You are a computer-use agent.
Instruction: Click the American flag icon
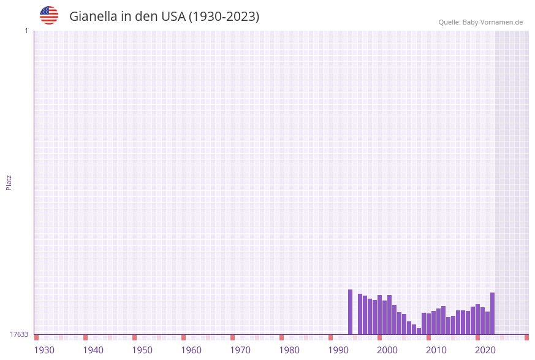(x=49, y=15)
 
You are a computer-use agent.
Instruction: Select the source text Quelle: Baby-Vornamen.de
(x=480, y=22)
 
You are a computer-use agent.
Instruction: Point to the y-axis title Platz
(x=9, y=182)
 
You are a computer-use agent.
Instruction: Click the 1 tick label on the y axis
(x=26, y=31)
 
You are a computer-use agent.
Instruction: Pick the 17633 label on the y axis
(x=19, y=334)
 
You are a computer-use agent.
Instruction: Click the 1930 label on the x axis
(x=44, y=350)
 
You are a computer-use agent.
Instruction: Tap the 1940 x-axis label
(x=93, y=350)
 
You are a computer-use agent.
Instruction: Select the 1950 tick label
(x=142, y=350)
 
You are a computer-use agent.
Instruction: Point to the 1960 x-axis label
(x=191, y=350)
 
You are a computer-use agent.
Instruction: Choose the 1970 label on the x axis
(x=240, y=350)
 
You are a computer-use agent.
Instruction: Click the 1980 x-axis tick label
(x=289, y=350)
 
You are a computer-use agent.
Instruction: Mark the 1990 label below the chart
(x=338, y=350)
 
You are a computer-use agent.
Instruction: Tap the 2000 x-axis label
(x=387, y=350)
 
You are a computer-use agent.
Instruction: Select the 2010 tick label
(x=436, y=350)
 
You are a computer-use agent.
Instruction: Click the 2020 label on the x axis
(x=485, y=350)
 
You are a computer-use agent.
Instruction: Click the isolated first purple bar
(x=351, y=312)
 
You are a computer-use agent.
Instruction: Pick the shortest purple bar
(x=419, y=331)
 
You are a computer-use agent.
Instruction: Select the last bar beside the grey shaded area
(x=492, y=313)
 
